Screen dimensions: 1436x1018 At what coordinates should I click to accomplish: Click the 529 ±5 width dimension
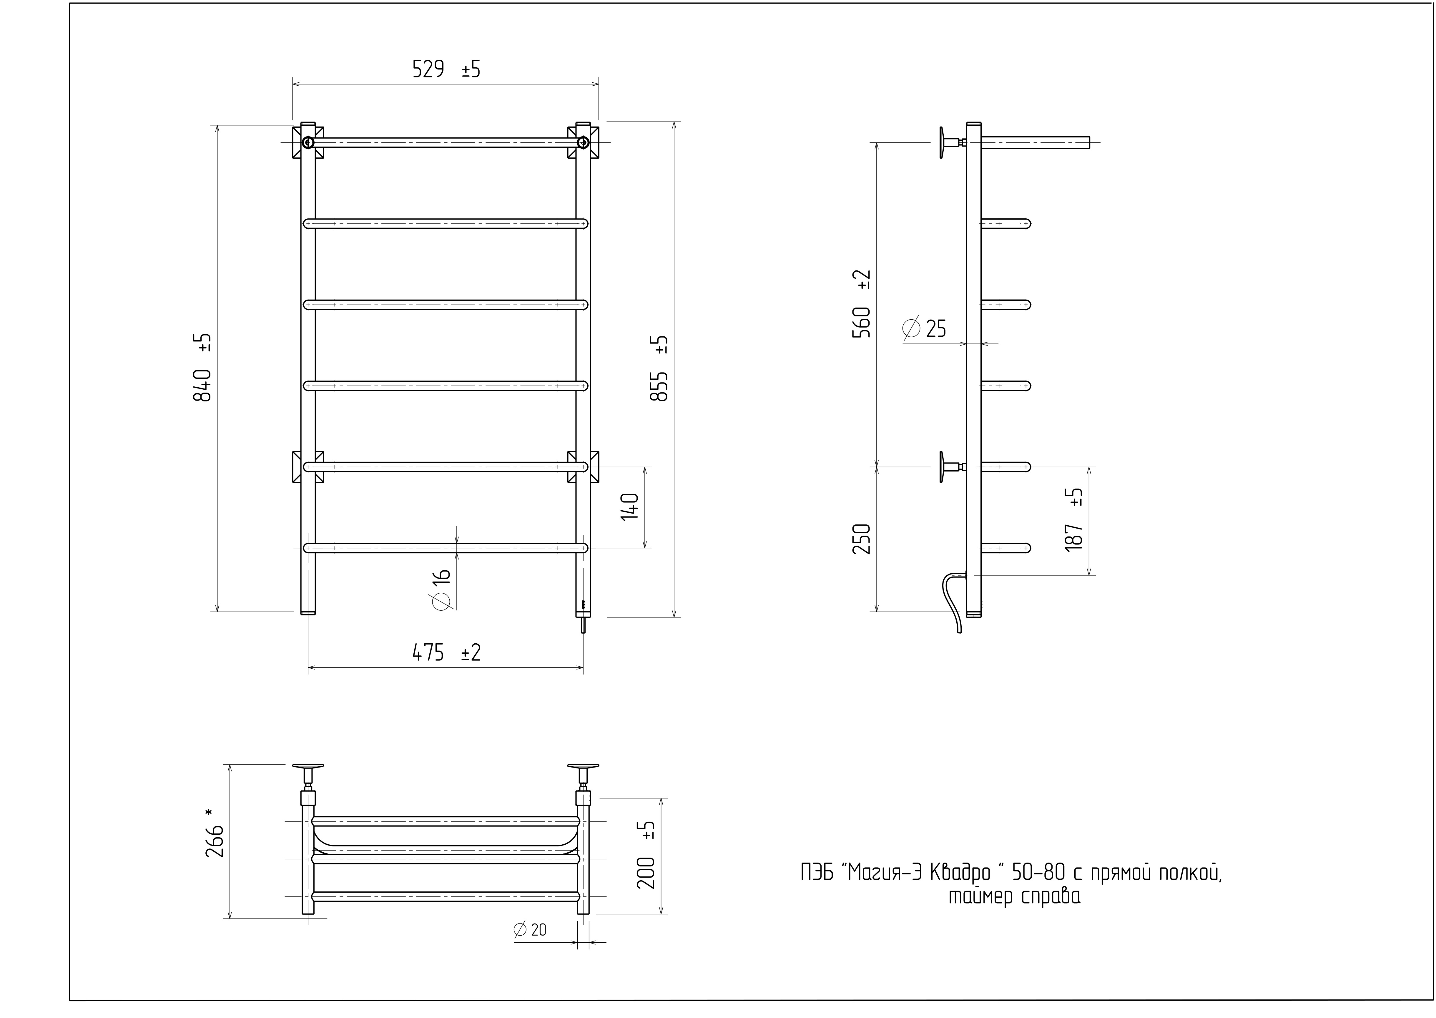[446, 69]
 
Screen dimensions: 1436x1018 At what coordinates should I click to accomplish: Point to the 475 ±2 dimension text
[446, 653]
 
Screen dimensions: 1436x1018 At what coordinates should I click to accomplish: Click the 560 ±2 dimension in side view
[861, 304]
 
